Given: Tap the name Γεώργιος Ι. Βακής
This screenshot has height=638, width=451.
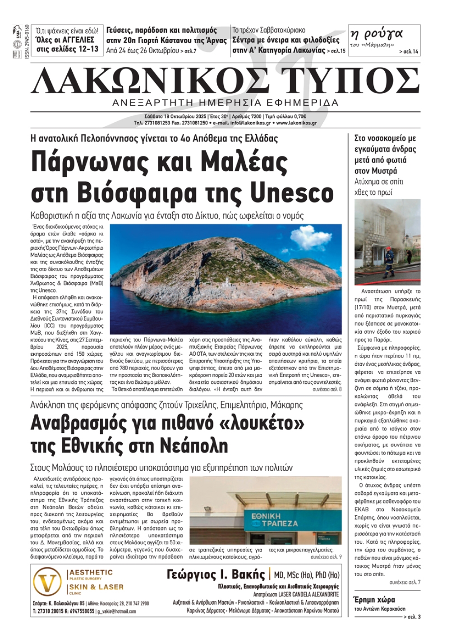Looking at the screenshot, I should [216, 574].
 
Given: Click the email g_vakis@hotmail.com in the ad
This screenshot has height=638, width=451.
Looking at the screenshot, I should [117, 611].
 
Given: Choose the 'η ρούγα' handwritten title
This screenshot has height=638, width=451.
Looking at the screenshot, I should [376, 34].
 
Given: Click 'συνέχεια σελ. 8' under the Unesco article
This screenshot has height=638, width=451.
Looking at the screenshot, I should [327, 389].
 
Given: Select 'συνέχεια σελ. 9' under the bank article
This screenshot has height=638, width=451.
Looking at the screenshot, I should [326, 557].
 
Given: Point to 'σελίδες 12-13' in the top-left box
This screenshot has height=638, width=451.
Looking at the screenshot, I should [68, 50].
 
